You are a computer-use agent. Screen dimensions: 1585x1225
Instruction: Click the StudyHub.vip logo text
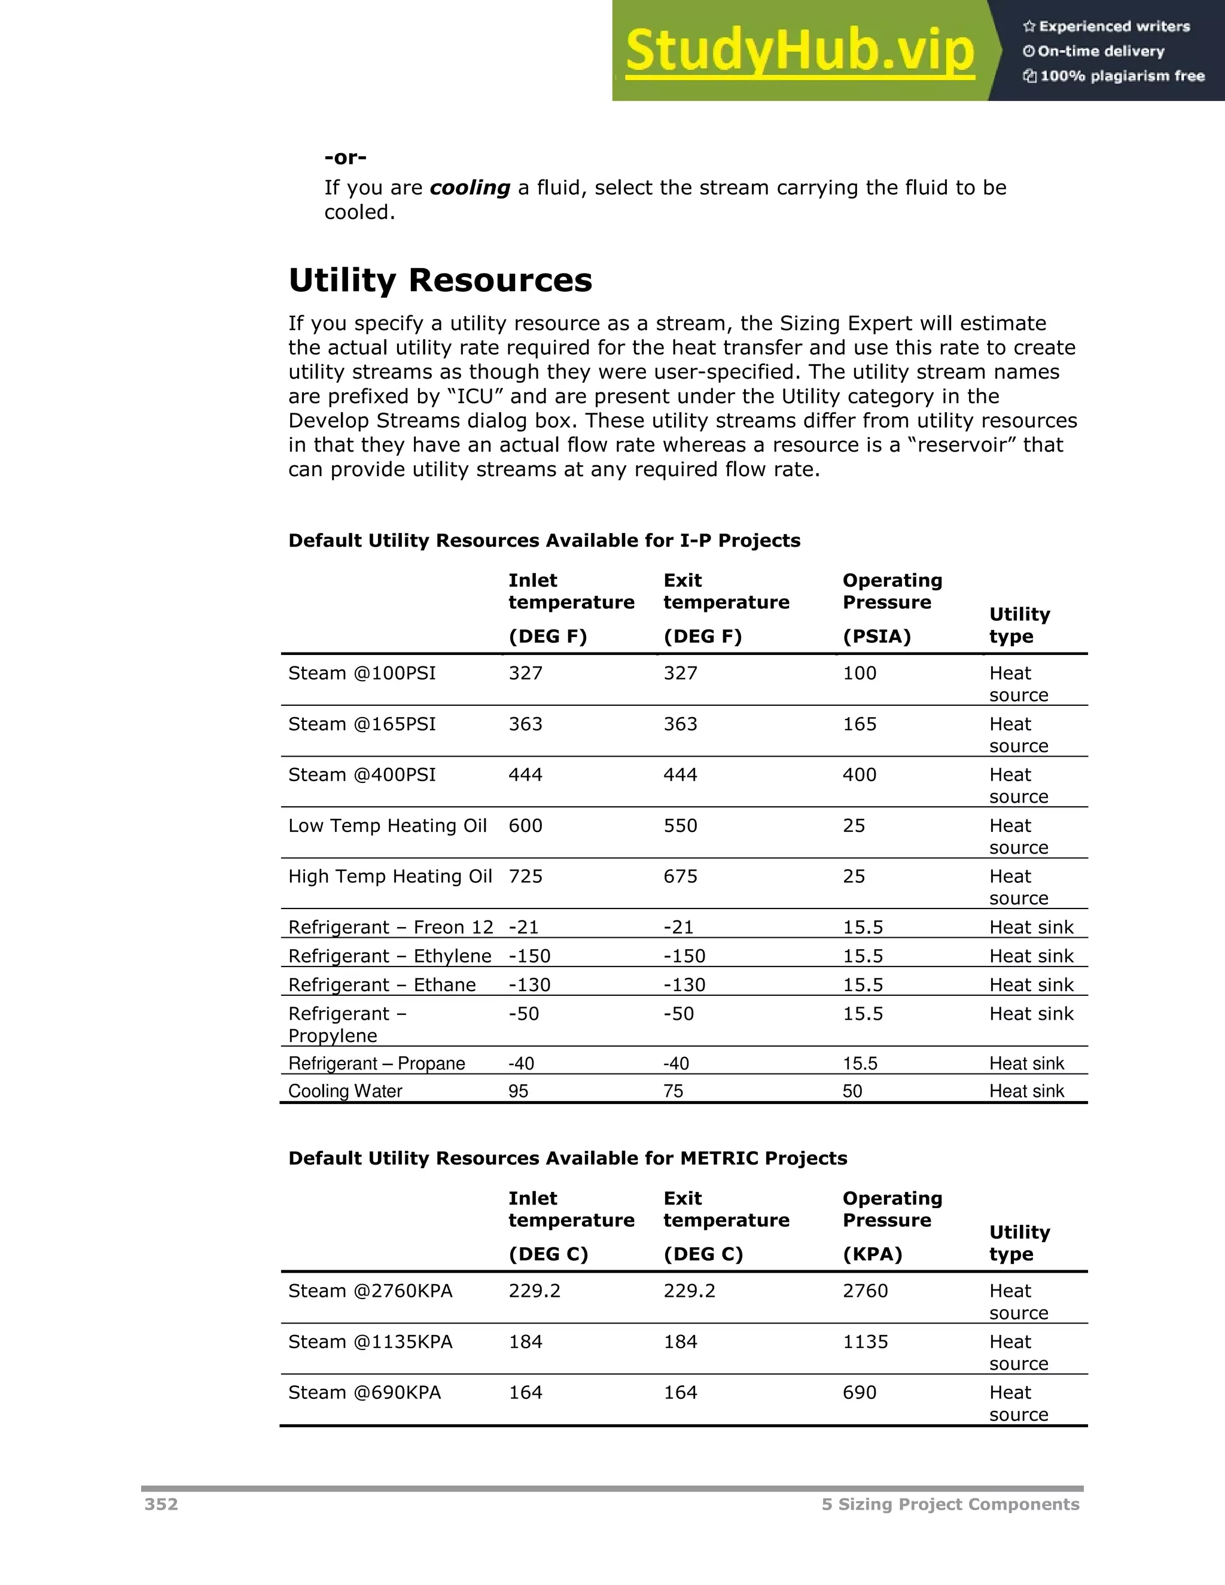point(800,51)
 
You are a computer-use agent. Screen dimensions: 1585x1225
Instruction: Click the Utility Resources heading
point(440,280)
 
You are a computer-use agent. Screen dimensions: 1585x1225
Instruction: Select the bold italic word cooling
point(470,188)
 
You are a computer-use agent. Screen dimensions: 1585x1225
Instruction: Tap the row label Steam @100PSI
point(361,673)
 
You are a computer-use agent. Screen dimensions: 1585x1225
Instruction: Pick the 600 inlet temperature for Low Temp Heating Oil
point(525,826)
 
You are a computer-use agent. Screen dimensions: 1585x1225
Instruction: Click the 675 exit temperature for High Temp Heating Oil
point(680,877)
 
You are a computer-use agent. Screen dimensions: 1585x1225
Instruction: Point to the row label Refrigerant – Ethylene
point(390,956)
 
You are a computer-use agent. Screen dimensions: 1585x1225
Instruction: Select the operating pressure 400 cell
point(860,775)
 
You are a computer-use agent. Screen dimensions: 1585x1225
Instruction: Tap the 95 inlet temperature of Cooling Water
point(518,1092)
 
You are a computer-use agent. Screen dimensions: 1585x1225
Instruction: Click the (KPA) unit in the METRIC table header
point(872,1255)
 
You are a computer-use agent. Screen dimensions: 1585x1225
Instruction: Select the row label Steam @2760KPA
point(370,1292)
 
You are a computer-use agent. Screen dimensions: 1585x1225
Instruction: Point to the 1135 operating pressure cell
point(865,1343)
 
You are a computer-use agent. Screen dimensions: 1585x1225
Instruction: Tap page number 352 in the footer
point(161,1504)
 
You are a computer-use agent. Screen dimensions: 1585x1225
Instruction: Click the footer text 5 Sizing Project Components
point(950,1504)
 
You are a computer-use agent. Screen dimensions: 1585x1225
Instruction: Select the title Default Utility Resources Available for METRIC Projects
point(568,1159)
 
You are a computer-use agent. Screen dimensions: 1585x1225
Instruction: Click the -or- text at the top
point(346,157)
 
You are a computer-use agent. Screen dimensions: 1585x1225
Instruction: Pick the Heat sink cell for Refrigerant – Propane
point(1026,1064)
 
